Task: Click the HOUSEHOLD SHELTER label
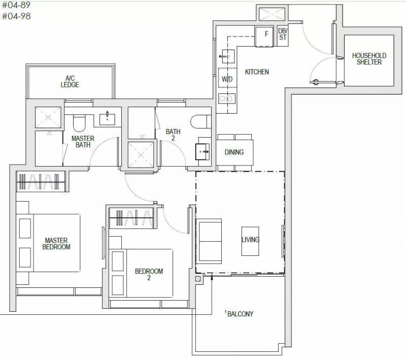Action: [x=369, y=59]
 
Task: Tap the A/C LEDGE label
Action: [x=70, y=81]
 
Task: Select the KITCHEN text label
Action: [x=257, y=72]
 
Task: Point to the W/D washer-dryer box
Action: [x=227, y=79]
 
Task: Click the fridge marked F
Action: [x=264, y=37]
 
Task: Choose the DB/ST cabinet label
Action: [x=283, y=34]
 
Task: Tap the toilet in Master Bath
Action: [x=79, y=123]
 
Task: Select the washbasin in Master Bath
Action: [x=107, y=119]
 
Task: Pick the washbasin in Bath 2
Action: [x=202, y=151]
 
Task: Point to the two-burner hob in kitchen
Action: [x=226, y=99]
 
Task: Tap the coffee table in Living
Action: [x=250, y=241]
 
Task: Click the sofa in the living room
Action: [x=209, y=241]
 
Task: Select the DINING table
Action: [x=234, y=152]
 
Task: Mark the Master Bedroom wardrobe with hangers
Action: [x=41, y=181]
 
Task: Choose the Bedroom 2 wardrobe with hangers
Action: [x=133, y=218]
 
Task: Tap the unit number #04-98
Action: [x=16, y=16]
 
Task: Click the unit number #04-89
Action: [x=16, y=5]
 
